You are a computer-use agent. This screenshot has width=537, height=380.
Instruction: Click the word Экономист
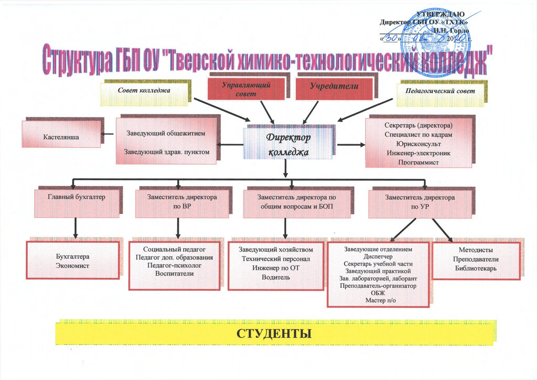coord(72,266)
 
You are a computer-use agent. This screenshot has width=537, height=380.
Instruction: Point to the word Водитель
coord(276,277)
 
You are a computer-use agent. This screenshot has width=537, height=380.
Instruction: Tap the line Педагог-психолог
coord(174,266)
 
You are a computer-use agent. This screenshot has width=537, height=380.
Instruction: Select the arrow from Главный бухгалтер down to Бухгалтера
coord(77,227)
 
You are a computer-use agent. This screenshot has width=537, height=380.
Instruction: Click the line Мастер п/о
coord(378,300)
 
